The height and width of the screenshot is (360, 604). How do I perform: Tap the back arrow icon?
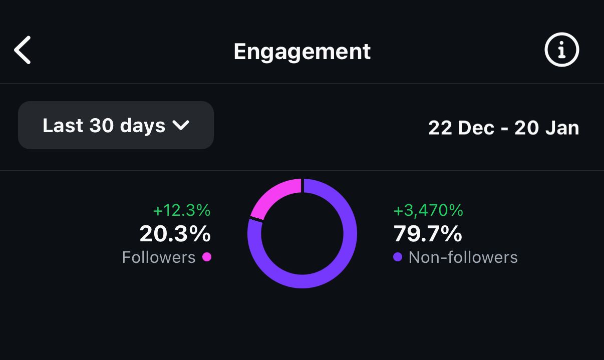(x=22, y=50)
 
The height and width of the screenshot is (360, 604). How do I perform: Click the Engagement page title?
(x=302, y=52)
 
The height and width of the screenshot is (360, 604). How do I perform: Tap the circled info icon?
(x=561, y=50)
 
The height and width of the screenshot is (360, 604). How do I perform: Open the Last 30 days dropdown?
(x=116, y=125)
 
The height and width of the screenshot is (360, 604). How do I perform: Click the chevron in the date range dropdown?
(x=181, y=125)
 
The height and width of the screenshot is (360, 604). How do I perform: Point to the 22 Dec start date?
(x=461, y=128)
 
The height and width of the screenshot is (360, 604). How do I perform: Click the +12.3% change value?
(x=182, y=210)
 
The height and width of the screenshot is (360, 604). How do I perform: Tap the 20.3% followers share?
(x=175, y=233)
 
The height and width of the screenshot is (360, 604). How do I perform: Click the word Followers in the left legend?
(x=159, y=257)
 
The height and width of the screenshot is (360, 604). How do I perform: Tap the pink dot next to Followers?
(x=207, y=257)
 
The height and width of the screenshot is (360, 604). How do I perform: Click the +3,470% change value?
(x=428, y=210)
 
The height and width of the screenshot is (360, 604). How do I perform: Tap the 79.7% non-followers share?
(x=428, y=233)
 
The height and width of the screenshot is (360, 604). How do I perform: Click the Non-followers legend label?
(x=463, y=257)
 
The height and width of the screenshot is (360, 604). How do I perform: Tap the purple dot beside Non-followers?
(x=398, y=257)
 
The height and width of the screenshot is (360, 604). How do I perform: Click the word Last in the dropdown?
(x=63, y=125)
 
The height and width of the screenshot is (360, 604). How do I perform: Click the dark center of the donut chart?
(x=303, y=233)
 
